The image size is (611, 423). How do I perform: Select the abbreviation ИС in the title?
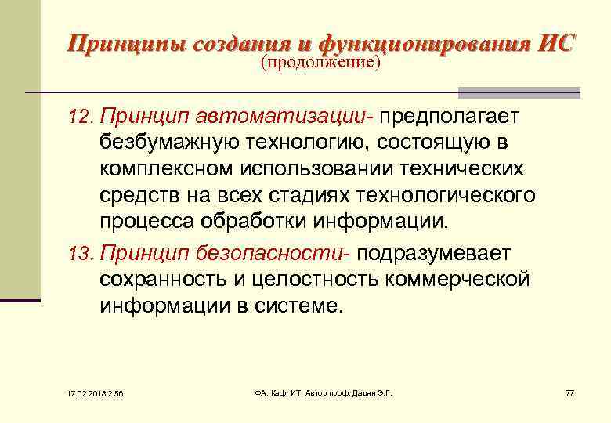point(555,42)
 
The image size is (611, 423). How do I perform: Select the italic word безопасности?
point(291,253)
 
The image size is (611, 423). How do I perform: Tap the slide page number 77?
point(569,392)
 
